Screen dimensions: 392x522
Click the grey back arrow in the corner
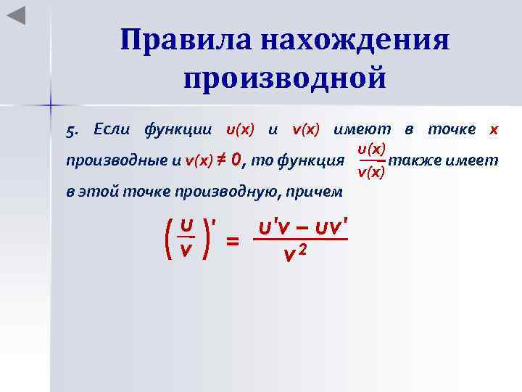(x=16, y=15)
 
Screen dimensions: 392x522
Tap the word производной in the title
(x=285, y=77)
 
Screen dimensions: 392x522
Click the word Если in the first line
(x=109, y=130)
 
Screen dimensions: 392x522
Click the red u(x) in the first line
(x=240, y=130)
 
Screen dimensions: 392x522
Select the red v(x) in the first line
(x=306, y=130)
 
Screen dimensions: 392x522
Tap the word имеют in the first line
(x=362, y=130)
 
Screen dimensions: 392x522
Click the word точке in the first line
(x=452, y=130)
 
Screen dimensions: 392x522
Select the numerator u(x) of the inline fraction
(x=371, y=149)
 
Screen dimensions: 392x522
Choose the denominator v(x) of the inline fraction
(x=371, y=173)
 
